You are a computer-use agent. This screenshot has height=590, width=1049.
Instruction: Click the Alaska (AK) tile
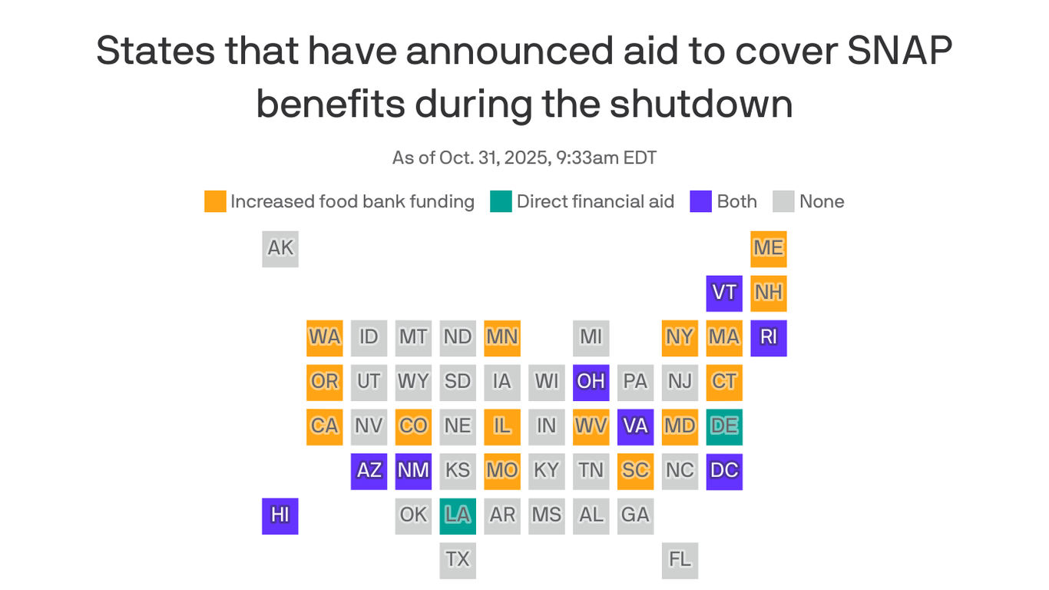(280, 249)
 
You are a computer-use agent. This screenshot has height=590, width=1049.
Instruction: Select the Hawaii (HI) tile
(280, 515)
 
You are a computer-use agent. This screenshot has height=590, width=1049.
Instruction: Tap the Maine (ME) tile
(768, 249)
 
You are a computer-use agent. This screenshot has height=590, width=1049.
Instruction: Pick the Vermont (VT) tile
(724, 293)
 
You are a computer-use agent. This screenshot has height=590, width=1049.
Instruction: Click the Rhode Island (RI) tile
(768, 338)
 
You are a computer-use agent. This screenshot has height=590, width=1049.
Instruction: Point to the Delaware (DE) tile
(724, 426)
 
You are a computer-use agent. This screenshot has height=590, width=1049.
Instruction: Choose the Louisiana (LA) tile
(458, 515)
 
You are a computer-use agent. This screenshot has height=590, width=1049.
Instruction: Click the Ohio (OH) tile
(591, 383)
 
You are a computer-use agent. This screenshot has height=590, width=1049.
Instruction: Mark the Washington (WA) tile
(325, 338)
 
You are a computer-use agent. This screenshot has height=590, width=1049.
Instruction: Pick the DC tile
(724, 471)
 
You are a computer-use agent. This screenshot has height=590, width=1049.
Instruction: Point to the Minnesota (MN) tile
(502, 338)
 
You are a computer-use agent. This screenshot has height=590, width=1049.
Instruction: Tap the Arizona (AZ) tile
(369, 471)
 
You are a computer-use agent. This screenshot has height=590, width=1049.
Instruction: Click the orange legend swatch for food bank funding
(215, 202)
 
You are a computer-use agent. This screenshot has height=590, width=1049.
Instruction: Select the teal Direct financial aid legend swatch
(501, 202)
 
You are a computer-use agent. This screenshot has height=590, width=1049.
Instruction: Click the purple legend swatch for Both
(701, 202)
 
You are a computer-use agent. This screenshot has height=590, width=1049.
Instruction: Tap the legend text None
(822, 202)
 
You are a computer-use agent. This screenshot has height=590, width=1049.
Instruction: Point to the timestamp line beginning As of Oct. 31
(524, 158)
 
